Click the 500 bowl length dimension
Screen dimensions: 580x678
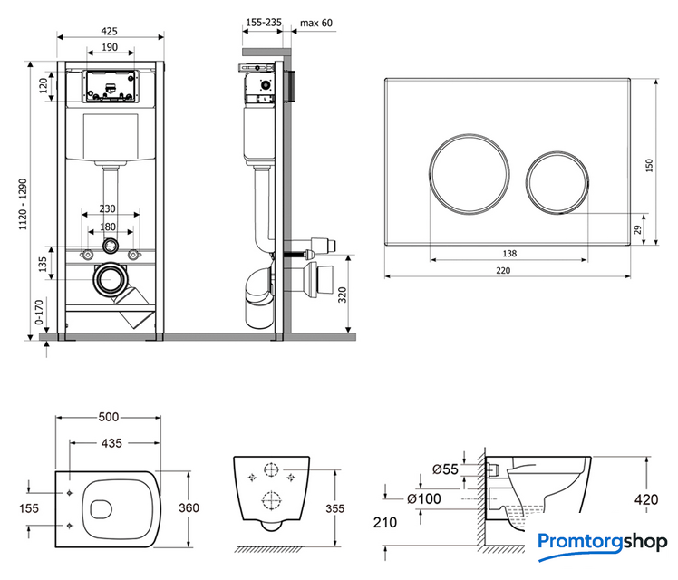[x=110, y=418]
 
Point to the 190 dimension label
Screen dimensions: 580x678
[x=110, y=47]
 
